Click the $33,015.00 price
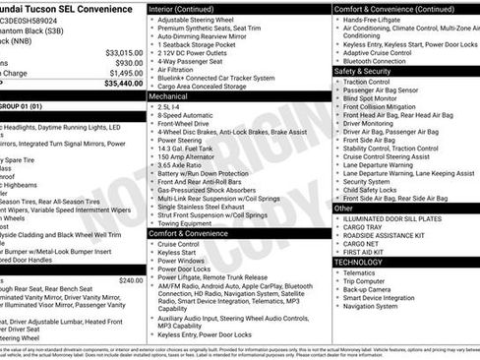pos(123,52)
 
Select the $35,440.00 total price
pos(123,84)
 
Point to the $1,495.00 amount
pos(125,73)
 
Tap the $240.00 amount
pos(130,280)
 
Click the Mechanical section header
pos(168,97)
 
